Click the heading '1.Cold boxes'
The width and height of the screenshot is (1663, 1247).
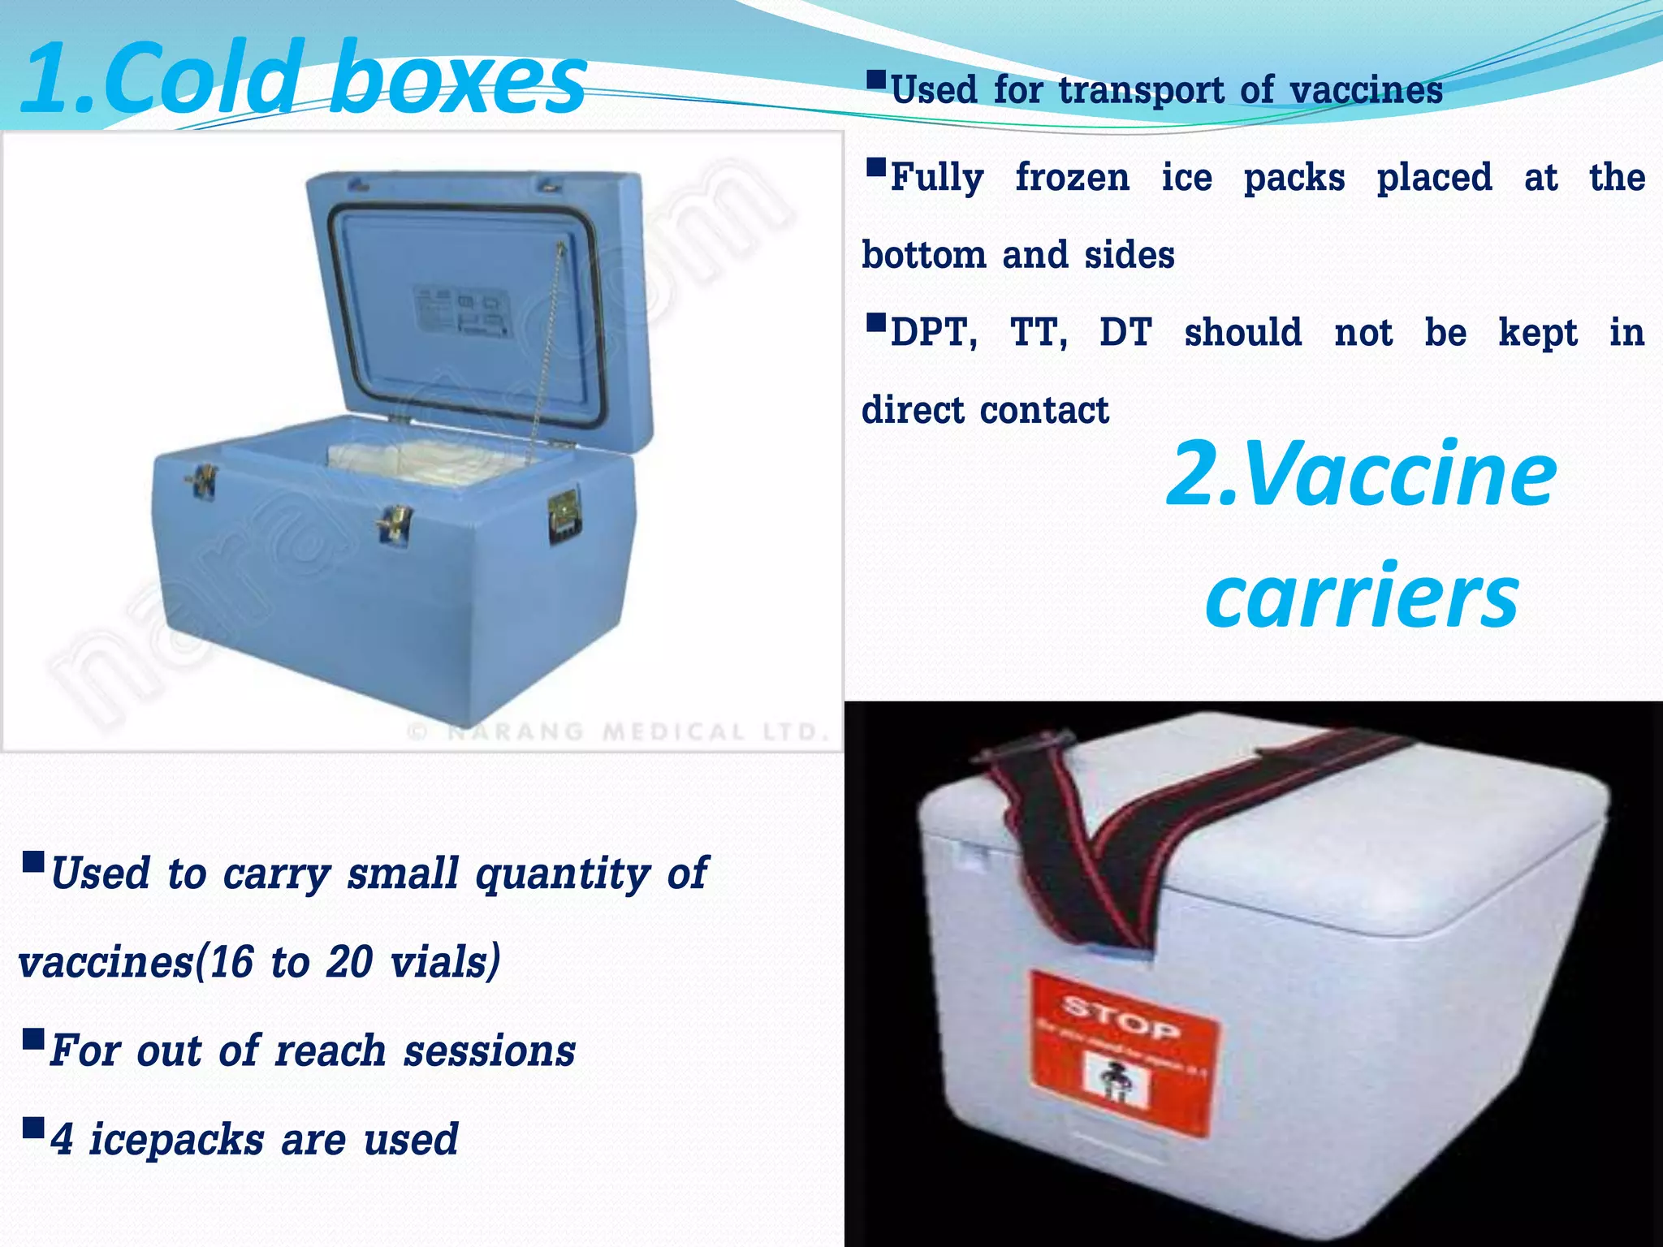point(302,79)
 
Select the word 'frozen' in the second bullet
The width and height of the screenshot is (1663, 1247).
point(1072,178)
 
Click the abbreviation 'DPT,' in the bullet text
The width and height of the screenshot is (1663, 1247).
point(934,333)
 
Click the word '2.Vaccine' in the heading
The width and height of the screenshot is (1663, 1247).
point(1361,473)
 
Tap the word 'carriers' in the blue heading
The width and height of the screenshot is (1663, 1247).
point(1361,597)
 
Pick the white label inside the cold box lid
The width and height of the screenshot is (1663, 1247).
point(461,311)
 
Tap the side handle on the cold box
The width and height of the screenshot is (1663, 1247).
point(564,515)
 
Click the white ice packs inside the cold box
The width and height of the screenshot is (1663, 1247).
point(422,463)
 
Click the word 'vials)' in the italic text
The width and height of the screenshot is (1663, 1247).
point(445,963)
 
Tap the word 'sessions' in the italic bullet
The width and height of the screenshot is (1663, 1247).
point(490,1051)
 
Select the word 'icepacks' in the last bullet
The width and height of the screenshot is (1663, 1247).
point(176,1139)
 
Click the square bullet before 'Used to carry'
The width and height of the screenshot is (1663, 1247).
point(34,861)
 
